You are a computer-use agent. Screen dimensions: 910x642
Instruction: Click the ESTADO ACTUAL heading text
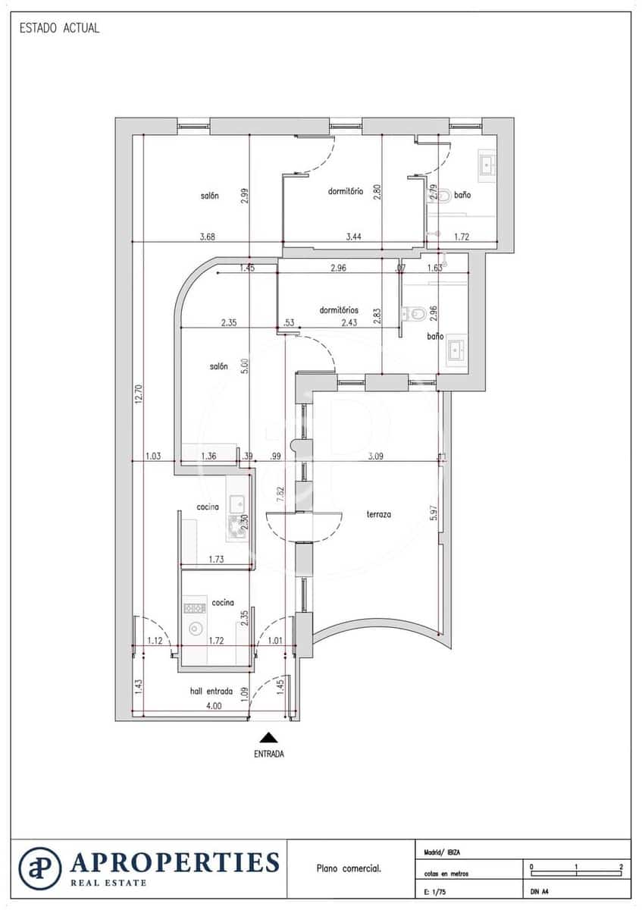(59, 29)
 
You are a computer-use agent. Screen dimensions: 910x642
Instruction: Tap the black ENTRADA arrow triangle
(268, 736)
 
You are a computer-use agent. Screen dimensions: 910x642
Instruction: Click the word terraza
(379, 514)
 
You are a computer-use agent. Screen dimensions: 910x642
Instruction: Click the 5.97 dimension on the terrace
(434, 513)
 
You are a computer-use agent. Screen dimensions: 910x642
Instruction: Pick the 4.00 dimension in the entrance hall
(215, 706)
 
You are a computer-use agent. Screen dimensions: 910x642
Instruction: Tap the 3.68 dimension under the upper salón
(208, 237)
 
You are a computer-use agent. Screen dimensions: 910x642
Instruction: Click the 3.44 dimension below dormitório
(353, 237)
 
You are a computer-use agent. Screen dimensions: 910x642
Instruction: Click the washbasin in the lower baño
(456, 350)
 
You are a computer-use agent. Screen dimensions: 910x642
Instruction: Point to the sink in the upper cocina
(236, 502)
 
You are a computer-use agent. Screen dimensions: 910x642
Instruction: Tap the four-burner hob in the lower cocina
(195, 607)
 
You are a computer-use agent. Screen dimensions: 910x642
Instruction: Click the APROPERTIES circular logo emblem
(40, 869)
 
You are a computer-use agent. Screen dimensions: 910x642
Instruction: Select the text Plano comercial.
(349, 869)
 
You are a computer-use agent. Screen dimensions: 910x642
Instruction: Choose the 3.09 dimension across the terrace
(376, 457)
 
